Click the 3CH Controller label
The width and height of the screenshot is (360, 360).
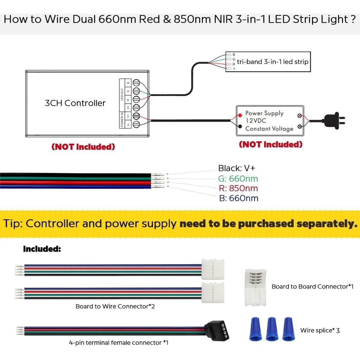(x=75, y=103)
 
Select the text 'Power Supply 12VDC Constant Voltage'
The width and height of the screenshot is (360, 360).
(x=269, y=121)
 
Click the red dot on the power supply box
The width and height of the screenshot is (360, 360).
(x=240, y=115)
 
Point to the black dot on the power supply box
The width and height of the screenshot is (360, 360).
(x=240, y=126)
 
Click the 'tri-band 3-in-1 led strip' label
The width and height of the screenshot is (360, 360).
(x=272, y=62)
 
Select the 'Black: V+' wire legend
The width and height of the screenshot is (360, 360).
(x=236, y=168)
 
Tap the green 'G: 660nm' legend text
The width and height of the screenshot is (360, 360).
(x=238, y=178)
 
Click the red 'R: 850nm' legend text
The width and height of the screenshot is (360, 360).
(x=238, y=188)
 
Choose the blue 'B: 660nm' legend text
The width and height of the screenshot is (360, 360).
(x=238, y=198)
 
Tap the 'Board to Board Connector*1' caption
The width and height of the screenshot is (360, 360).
(x=312, y=286)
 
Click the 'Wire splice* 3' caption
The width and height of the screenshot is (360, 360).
(x=320, y=330)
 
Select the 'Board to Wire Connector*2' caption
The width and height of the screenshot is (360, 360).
(x=115, y=306)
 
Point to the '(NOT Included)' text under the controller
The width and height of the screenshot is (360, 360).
(x=83, y=147)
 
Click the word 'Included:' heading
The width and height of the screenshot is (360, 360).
(x=42, y=249)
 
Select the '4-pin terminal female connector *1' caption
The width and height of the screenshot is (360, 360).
(x=119, y=343)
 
